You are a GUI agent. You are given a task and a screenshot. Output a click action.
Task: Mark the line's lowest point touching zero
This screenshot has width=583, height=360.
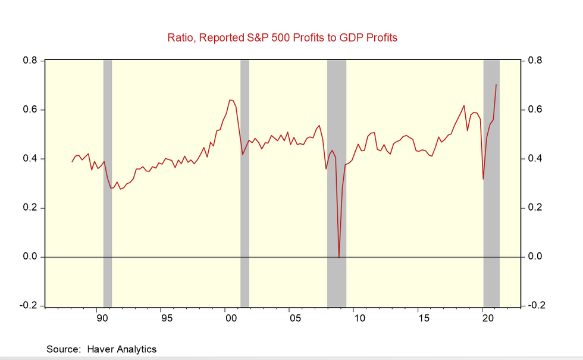tap(339, 256)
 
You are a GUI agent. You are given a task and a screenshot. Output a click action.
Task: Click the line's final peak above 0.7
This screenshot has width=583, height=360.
tap(496, 85)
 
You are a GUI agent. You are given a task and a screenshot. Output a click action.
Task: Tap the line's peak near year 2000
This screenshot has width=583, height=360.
tap(231, 100)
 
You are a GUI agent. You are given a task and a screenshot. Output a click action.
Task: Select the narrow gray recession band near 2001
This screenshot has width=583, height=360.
tap(245, 179)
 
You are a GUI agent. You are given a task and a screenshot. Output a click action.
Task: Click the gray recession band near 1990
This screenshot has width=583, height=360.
tap(108, 179)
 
